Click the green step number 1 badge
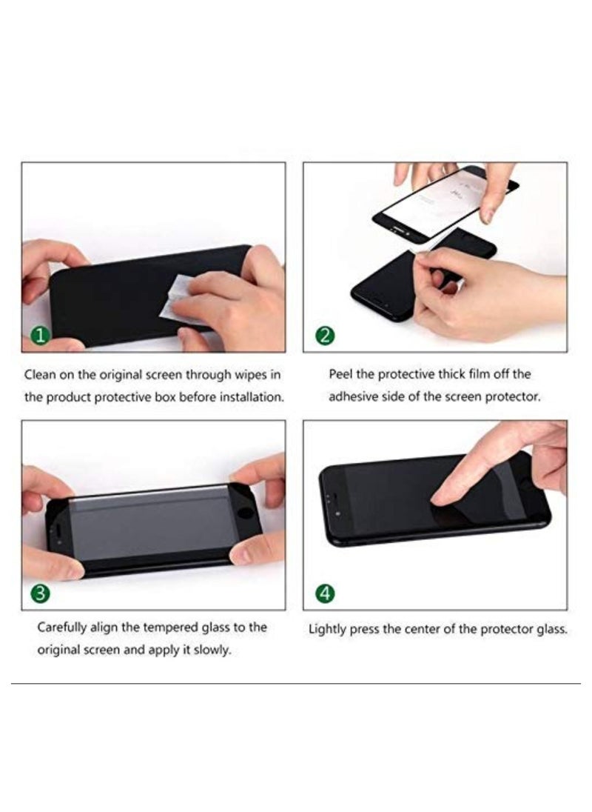[x=41, y=336]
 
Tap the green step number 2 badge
[x=325, y=336]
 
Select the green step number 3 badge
[x=41, y=593]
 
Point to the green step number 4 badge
[x=325, y=593]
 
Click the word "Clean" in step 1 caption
[x=40, y=375]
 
